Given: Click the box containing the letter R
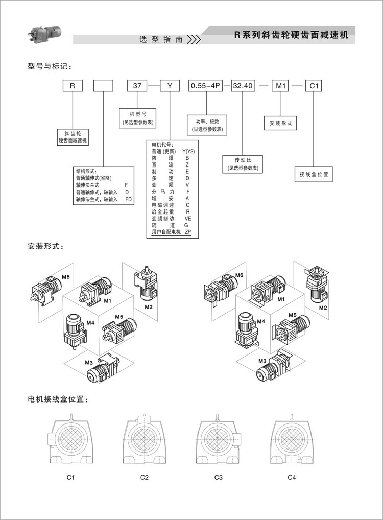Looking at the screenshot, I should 73,86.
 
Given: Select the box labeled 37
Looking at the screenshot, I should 137,86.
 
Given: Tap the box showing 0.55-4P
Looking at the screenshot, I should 205,86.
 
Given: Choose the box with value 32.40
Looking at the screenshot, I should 243,86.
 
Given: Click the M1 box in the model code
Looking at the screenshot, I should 280,86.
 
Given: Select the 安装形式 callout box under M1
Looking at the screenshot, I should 280,123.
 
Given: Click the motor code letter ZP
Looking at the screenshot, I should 188,232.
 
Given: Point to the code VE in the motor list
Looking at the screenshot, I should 188,218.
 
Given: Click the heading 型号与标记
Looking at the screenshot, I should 49,66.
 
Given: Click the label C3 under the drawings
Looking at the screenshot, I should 218,478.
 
